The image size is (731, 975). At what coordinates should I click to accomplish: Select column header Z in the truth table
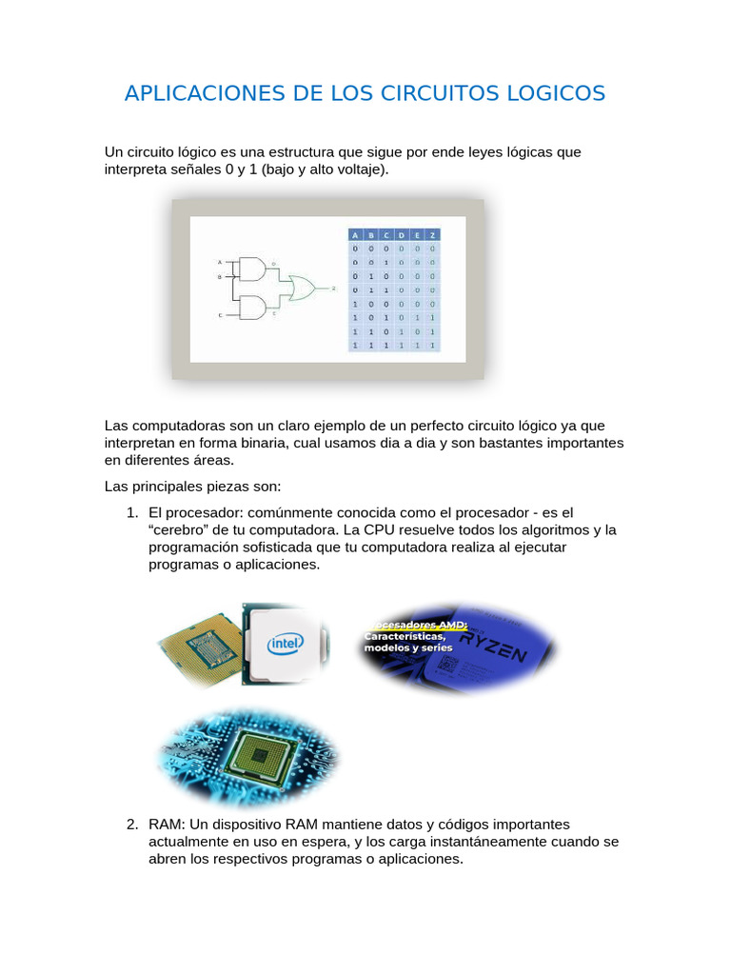tap(432, 235)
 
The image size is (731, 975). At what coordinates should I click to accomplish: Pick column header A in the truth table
tap(356, 235)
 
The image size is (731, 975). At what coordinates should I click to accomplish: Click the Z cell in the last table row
tap(432, 346)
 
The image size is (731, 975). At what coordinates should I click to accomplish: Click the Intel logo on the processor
tap(285, 645)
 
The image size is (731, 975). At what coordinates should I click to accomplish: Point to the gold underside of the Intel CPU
tap(201, 647)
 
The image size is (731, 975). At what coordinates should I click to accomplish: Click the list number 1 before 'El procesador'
tap(132, 511)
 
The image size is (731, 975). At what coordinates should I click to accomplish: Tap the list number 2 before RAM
tap(132, 824)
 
